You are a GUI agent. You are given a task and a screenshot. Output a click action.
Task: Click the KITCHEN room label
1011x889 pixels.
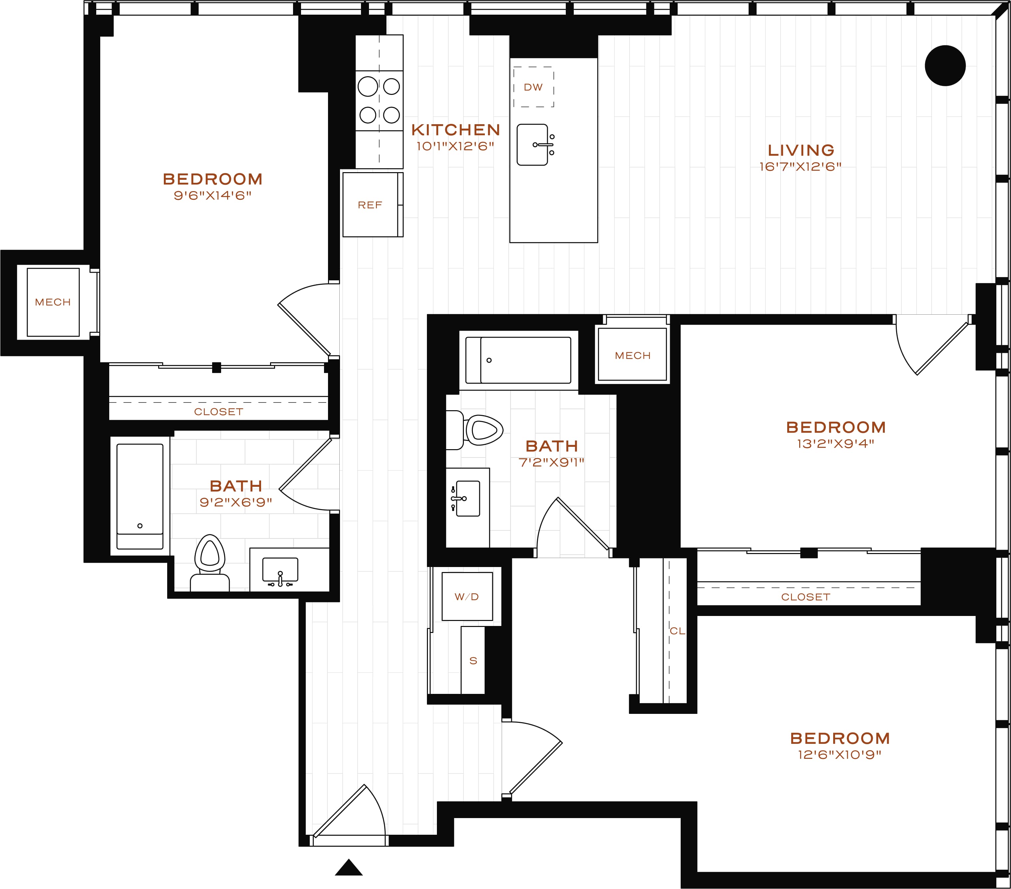(x=456, y=130)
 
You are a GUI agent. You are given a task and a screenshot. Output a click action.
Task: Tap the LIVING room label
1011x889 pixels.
(x=801, y=150)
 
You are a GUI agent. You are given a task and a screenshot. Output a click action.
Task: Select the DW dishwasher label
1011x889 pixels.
(x=533, y=87)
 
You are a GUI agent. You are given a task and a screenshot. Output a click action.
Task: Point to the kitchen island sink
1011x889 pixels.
(x=532, y=145)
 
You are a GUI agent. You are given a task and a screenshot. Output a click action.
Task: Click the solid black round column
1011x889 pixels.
(x=945, y=66)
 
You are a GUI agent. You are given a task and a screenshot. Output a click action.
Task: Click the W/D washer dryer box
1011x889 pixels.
(x=467, y=596)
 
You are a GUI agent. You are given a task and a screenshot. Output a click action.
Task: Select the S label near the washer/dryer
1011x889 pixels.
(x=473, y=661)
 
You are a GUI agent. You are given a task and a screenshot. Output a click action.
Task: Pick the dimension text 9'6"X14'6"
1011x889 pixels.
(x=213, y=195)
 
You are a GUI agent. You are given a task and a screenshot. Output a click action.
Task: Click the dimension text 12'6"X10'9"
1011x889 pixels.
(x=840, y=754)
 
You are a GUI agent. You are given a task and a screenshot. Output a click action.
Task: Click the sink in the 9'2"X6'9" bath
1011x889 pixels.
(x=280, y=571)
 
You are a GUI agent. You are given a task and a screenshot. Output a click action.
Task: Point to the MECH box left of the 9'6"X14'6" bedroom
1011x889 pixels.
(x=53, y=302)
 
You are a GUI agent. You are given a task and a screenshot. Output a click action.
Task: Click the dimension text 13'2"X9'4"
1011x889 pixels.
(x=836, y=444)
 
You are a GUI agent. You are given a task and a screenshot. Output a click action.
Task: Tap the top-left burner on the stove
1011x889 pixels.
(x=368, y=87)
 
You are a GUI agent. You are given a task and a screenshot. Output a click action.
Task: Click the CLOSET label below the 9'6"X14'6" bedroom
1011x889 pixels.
(x=219, y=412)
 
